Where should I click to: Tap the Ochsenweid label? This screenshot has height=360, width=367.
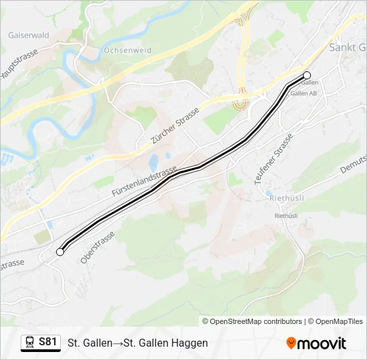pyautogui.click(x=127, y=50)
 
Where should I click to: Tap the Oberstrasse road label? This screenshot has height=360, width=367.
pyautogui.click(x=97, y=247)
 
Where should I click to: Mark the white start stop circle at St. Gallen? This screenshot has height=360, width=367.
pyautogui.click(x=307, y=75)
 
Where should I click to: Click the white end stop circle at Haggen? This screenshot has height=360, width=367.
pyautogui.click(x=60, y=252)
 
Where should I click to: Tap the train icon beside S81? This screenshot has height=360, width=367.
pyautogui.click(x=30, y=343)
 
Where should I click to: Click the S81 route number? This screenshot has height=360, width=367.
pyautogui.click(x=47, y=342)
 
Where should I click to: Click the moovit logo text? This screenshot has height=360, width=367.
pyautogui.click(x=322, y=343)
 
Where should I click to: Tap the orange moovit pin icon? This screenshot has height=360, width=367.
pyautogui.click(x=291, y=343)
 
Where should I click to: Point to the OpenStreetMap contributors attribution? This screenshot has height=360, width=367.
pyautogui.click(x=256, y=321)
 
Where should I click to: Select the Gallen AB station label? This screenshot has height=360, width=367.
pyautogui.click(x=303, y=93)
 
